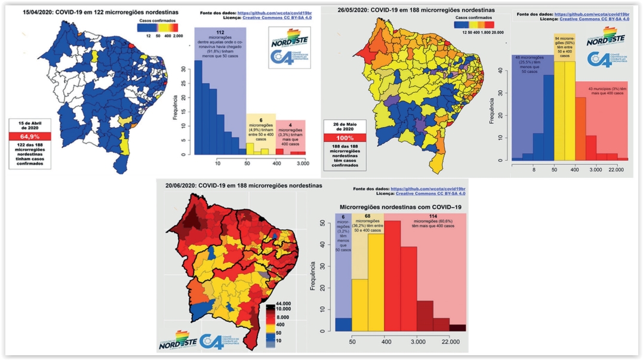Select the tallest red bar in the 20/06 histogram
tap(392, 275)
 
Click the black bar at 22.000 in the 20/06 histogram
tap(459, 327)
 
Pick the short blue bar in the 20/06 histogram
tap(343, 324)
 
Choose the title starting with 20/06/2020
tap(244, 186)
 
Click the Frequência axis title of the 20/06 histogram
tap(313, 275)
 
